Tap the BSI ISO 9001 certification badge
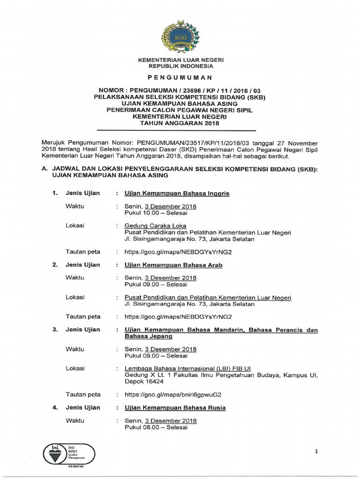pyautogui.click(x=69, y=452)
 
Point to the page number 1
pyautogui.click(x=316, y=451)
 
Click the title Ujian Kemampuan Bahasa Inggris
pyautogui.click(x=177, y=194)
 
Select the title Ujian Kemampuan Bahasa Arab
pyautogui.click(x=173, y=265)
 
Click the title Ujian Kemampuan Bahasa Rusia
pyautogui.click(x=175, y=408)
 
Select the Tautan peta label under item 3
pyautogui.click(x=83, y=394)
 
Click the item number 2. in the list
pyautogui.click(x=55, y=265)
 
